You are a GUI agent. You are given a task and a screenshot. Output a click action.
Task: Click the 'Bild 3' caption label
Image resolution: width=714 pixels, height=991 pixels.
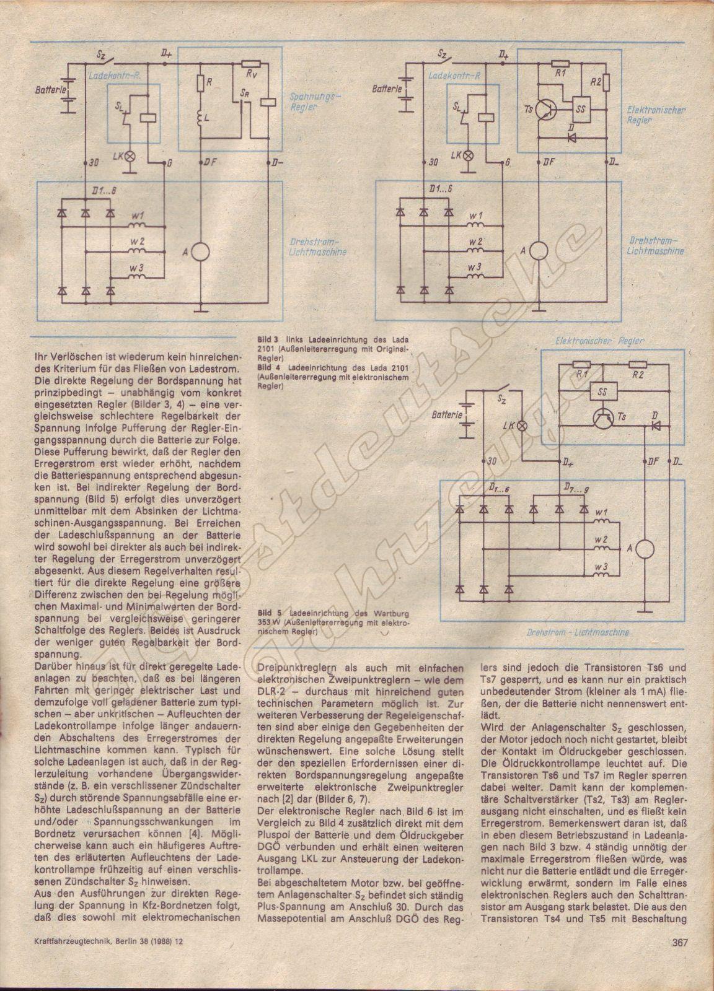[267, 339]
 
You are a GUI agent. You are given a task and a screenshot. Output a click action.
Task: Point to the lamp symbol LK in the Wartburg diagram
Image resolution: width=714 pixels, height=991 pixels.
[522, 426]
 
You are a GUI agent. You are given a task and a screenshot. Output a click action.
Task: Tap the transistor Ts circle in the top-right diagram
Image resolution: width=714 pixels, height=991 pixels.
[545, 109]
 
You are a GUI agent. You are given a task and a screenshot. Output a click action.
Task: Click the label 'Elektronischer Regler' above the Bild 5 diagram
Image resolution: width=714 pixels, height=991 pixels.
[599, 341]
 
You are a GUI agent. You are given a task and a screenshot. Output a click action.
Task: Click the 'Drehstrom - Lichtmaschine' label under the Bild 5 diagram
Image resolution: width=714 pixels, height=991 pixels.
[577, 632]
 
